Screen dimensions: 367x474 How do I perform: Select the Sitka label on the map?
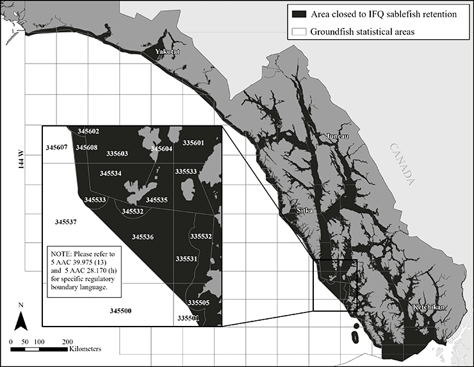click(x=307, y=210)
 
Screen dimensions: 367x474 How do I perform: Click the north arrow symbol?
click(x=21, y=319)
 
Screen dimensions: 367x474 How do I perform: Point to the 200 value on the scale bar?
click(x=66, y=341)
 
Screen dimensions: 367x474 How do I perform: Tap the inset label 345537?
click(x=66, y=222)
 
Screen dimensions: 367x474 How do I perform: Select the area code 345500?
click(x=120, y=311)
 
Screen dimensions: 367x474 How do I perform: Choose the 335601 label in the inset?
click(x=193, y=142)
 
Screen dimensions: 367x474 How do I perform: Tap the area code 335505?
click(x=199, y=302)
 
